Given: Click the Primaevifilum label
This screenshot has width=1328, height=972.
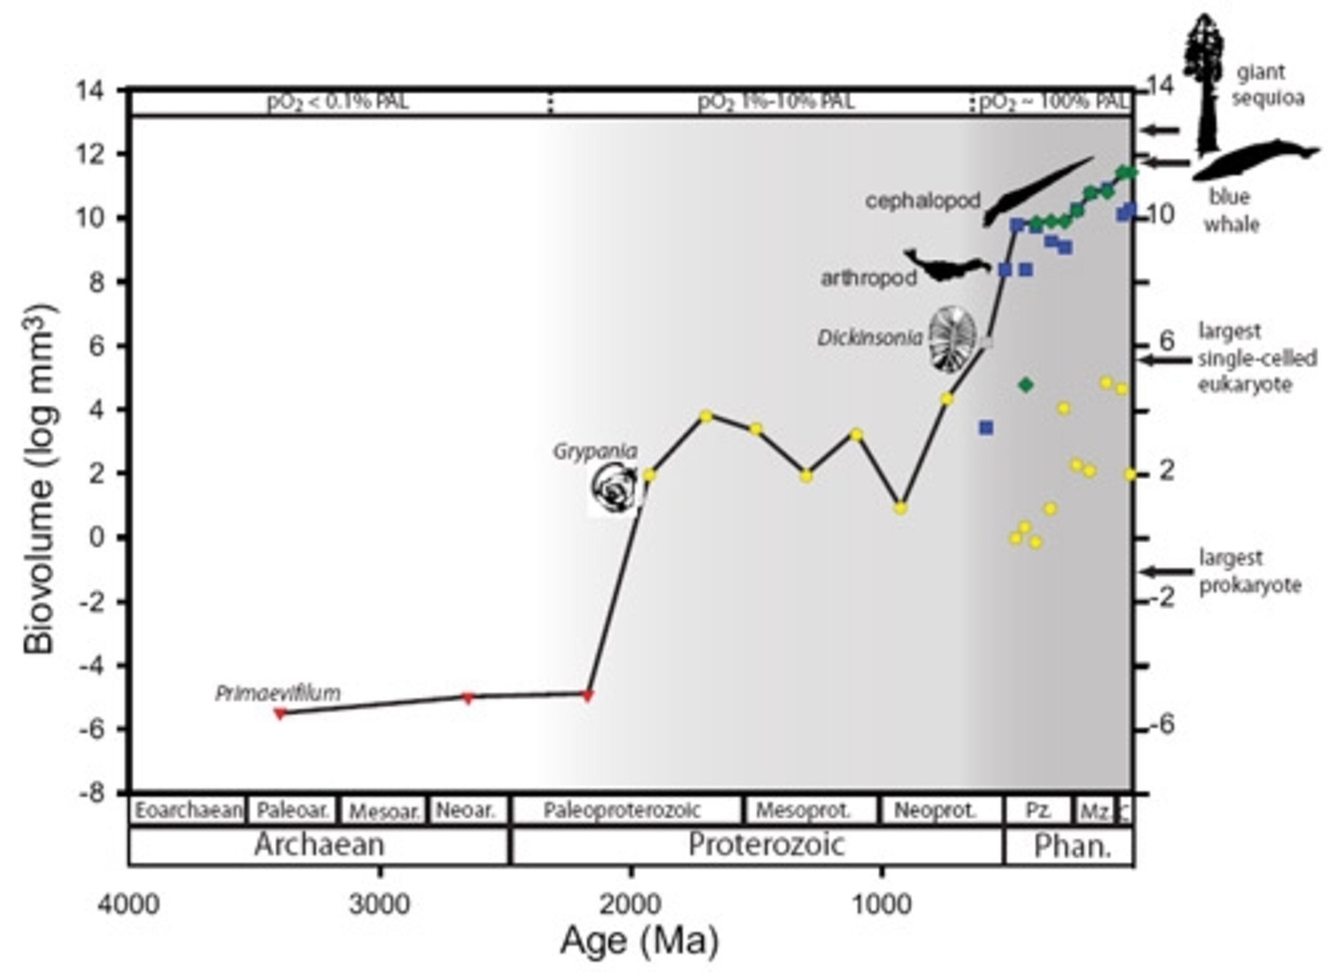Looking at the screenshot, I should coord(278,693).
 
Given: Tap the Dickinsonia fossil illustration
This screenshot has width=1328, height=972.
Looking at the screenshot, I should coord(952,340).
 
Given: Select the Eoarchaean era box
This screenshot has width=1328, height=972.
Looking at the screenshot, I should coord(187,811).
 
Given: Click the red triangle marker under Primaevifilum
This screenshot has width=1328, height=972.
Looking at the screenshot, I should coord(281,713).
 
